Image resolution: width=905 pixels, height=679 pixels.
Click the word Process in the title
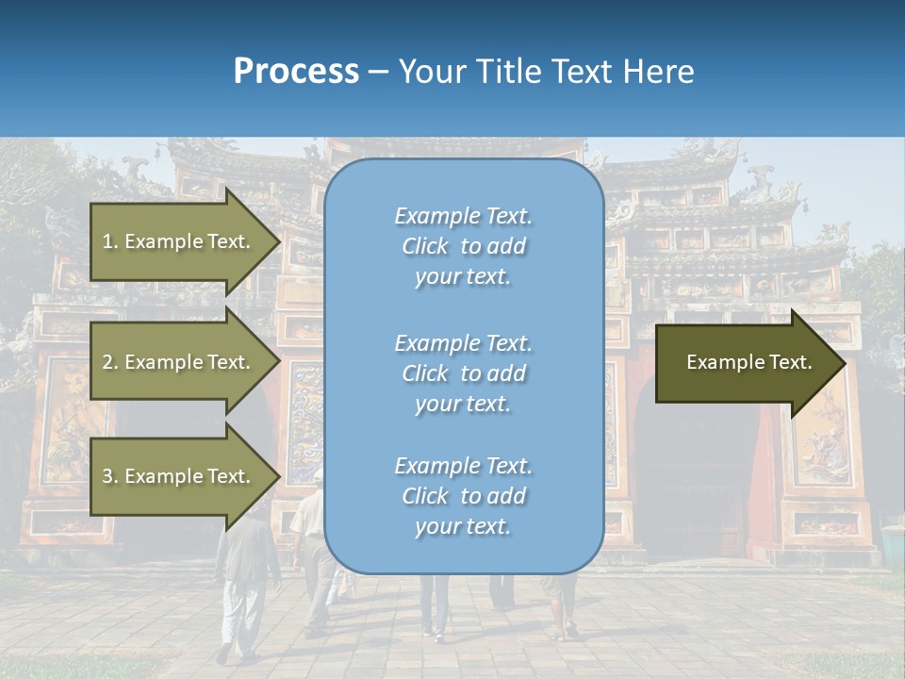click(296, 72)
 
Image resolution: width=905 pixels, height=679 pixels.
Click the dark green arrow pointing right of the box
click(745, 363)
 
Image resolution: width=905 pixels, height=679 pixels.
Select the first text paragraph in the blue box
click(463, 246)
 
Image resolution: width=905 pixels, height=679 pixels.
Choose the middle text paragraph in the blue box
click(463, 373)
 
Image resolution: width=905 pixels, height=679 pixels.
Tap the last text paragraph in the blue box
click(463, 496)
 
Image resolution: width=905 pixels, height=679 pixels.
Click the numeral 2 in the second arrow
click(107, 362)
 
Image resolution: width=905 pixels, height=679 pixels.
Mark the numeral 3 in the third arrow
click(107, 476)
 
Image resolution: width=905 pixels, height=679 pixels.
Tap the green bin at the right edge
click(892, 547)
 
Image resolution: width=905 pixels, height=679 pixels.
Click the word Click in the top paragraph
click(425, 246)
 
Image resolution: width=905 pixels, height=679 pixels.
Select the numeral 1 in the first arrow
click(107, 241)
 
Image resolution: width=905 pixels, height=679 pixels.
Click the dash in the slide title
click(378, 72)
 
